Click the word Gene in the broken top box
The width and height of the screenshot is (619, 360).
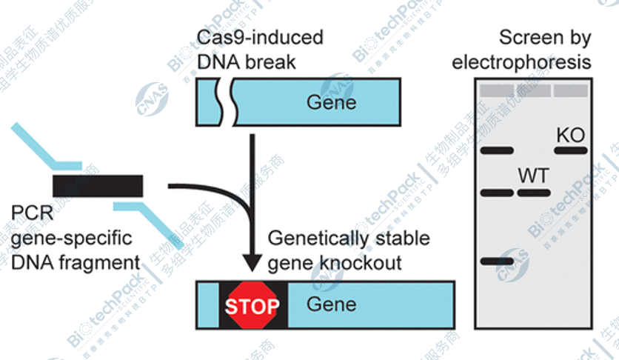331,102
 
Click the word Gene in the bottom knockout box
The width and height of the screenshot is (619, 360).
331,304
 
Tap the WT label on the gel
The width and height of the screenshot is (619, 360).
533,176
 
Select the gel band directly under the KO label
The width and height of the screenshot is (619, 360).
571,150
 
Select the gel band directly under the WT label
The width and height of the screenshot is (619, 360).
533,193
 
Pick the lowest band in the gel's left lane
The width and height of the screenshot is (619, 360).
496,261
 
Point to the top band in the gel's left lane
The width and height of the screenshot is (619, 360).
496,150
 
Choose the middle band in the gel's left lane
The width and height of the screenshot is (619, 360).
496,193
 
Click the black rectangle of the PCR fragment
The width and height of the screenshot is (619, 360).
98,186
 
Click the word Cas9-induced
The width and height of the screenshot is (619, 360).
260,37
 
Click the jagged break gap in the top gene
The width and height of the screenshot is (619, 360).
224,103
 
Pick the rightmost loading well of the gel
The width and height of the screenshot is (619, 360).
571,90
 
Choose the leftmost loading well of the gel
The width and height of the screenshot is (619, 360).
496,90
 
